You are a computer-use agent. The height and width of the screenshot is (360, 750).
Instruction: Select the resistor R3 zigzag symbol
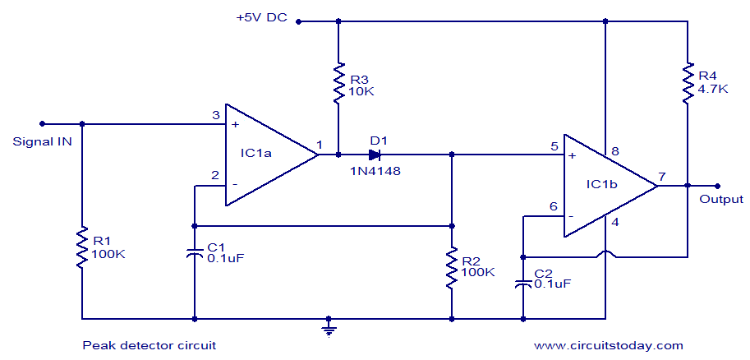[337, 83]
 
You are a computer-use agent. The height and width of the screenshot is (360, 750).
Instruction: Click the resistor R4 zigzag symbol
[688, 83]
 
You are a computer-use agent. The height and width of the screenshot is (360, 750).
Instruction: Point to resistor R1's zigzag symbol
[82, 248]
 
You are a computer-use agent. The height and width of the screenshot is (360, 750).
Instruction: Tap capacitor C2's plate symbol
[522, 283]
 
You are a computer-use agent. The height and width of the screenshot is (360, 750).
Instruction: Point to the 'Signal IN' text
[43, 141]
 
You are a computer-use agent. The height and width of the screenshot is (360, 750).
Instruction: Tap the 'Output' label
[721, 199]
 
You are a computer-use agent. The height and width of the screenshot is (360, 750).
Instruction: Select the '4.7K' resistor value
[712, 89]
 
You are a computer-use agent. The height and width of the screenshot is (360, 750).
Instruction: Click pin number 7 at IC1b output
[662, 175]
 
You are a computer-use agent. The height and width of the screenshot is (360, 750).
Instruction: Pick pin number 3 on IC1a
[215, 114]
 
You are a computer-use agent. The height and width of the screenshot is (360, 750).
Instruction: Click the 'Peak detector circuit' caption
[149, 345]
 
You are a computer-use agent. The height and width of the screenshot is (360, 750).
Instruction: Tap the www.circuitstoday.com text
[609, 345]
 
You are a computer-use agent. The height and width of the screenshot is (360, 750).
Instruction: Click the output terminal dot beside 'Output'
[717, 186]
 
